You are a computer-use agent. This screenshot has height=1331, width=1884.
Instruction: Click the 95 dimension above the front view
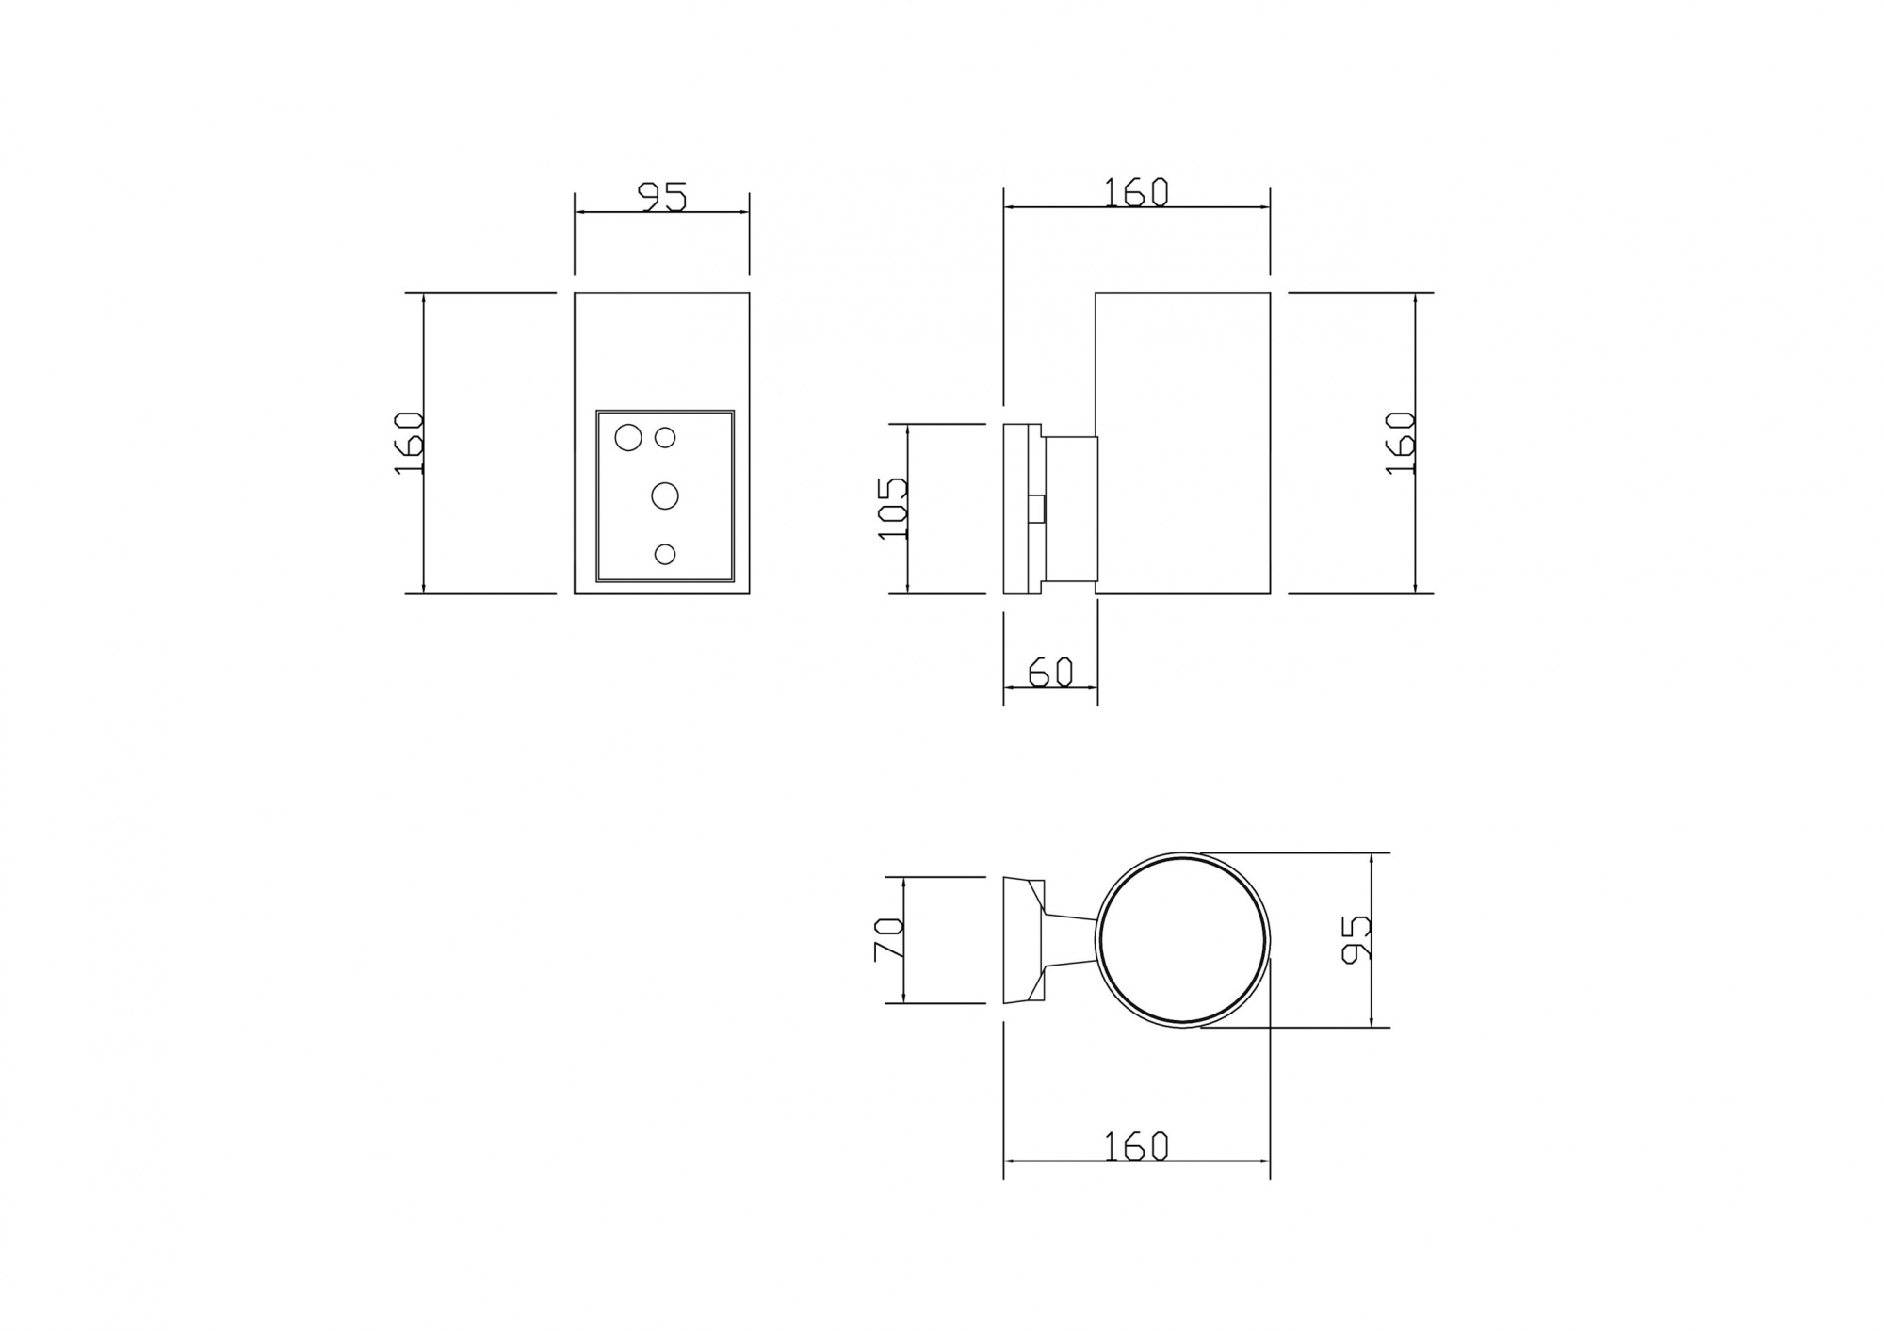pos(663,197)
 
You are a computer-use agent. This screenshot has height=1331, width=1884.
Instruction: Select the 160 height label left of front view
pos(410,443)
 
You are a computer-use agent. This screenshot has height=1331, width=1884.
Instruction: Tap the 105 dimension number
pos(891,508)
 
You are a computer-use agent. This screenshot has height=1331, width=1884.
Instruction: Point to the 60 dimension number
pos(1050,672)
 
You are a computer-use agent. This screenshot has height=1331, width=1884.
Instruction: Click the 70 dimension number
pos(889,940)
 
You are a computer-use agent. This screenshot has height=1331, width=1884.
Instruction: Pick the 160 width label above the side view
pos(1136,192)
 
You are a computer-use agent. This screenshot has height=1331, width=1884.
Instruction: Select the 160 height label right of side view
pos(1402,443)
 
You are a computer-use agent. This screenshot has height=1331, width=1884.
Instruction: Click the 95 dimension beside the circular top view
pos(1355,939)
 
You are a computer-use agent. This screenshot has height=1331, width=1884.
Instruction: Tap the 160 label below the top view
pos(1136,1145)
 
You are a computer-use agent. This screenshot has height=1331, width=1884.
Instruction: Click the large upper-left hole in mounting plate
pos(627,437)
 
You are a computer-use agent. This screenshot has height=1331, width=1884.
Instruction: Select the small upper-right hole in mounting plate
pos(665,438)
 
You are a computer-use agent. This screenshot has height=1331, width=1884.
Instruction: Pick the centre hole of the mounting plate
pos(665,495)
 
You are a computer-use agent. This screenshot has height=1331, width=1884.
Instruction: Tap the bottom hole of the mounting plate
pos(665,554)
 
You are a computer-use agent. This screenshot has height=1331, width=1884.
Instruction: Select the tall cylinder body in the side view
pos(1182,443)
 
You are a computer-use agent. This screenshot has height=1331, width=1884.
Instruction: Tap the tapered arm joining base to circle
pos(1070,940)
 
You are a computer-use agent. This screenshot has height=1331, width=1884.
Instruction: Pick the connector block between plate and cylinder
pos(1072,509)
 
